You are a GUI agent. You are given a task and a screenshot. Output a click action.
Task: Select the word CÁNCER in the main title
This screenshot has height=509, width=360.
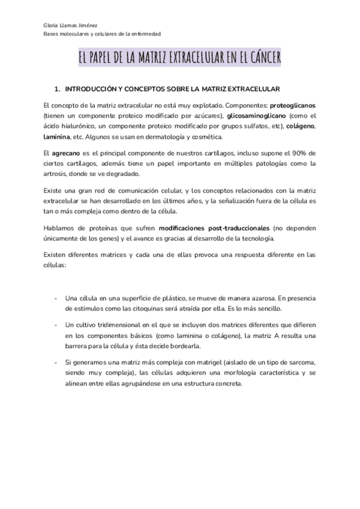(263, 58)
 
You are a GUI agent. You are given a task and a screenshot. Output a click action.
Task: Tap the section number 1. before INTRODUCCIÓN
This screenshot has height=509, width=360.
(57, 89)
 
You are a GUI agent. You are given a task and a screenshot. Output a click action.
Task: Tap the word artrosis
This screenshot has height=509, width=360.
(57, 174)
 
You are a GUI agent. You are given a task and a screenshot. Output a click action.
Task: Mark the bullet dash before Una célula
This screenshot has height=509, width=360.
(56, 298)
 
